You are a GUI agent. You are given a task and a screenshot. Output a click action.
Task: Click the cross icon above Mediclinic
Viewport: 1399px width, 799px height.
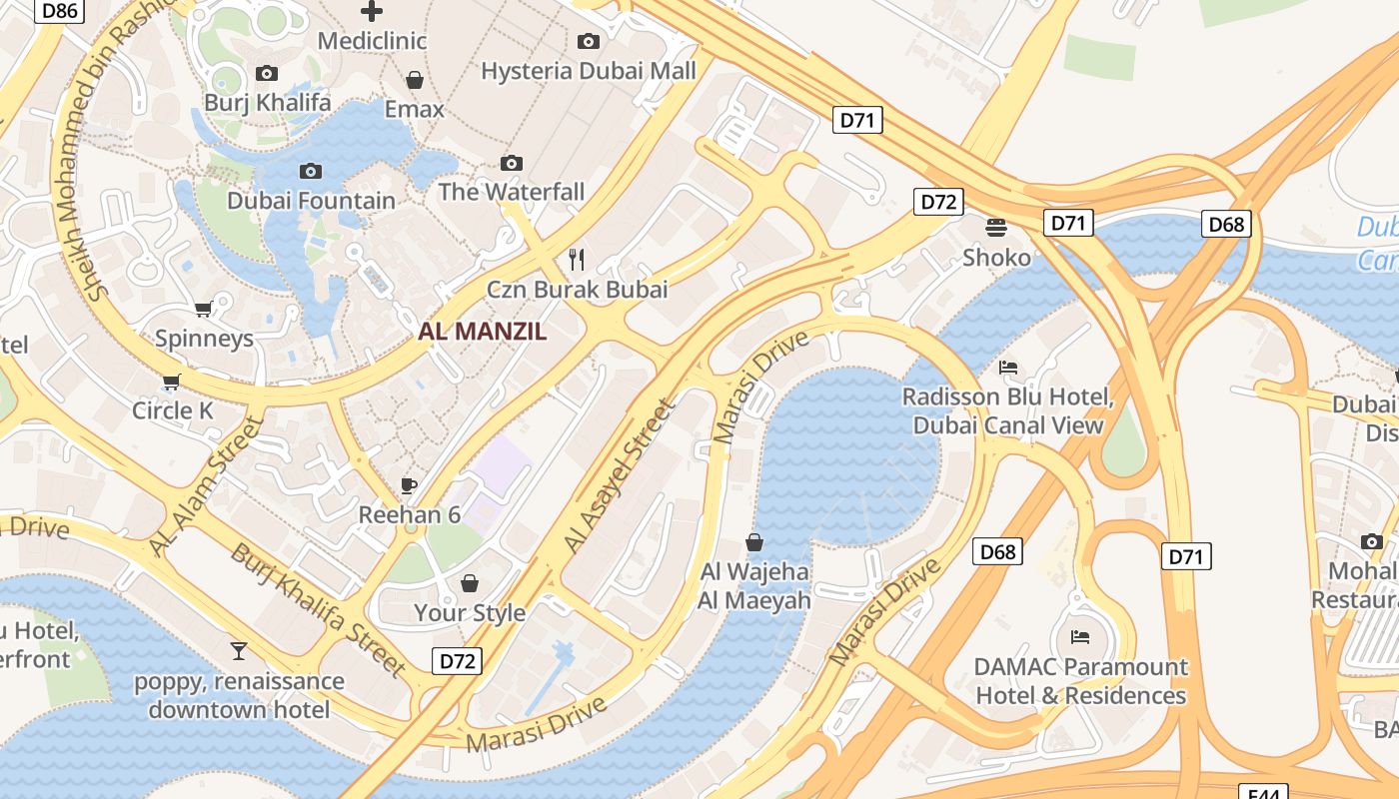coord(371,12)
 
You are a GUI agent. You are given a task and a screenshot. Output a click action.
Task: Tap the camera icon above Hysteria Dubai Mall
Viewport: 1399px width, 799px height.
coord(589,41)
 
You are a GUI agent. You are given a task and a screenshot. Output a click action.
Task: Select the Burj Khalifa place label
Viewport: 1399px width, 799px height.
coord(267,102)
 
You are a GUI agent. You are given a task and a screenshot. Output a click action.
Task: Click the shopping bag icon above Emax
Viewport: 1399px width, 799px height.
coord(414,79)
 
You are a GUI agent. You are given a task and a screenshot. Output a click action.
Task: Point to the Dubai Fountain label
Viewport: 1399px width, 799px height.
coord(311,201)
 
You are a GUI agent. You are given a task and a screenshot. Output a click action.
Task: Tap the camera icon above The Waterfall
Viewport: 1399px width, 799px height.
coord(512,163)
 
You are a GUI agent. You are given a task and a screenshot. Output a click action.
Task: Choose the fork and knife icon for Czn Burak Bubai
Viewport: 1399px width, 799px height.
coord(577,260)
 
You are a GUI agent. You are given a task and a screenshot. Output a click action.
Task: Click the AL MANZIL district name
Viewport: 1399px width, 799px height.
coord(482,333)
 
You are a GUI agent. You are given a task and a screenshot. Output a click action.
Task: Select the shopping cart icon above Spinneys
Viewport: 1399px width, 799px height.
coord(204,310)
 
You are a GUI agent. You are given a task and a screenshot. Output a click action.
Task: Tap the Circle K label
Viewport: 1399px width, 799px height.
coord(173,410)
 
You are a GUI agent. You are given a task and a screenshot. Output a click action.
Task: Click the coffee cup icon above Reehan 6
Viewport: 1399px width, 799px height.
coord(409,485)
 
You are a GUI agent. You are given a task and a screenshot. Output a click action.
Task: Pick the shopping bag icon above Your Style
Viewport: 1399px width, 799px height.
coord(470,583)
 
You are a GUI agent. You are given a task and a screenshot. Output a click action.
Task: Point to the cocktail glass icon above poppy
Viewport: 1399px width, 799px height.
coord(239,651)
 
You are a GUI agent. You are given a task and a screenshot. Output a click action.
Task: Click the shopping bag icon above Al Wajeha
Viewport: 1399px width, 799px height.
coord(754,542)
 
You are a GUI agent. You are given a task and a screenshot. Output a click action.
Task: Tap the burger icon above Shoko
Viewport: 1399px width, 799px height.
coord(996,227)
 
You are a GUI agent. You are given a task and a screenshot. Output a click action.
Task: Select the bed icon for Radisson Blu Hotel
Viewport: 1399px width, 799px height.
coord(1008,368)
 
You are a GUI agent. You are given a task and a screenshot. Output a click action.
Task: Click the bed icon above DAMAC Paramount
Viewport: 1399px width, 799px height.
coord(1080,636)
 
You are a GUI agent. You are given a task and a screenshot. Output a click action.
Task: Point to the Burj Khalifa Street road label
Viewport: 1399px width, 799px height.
coord(318,610)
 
